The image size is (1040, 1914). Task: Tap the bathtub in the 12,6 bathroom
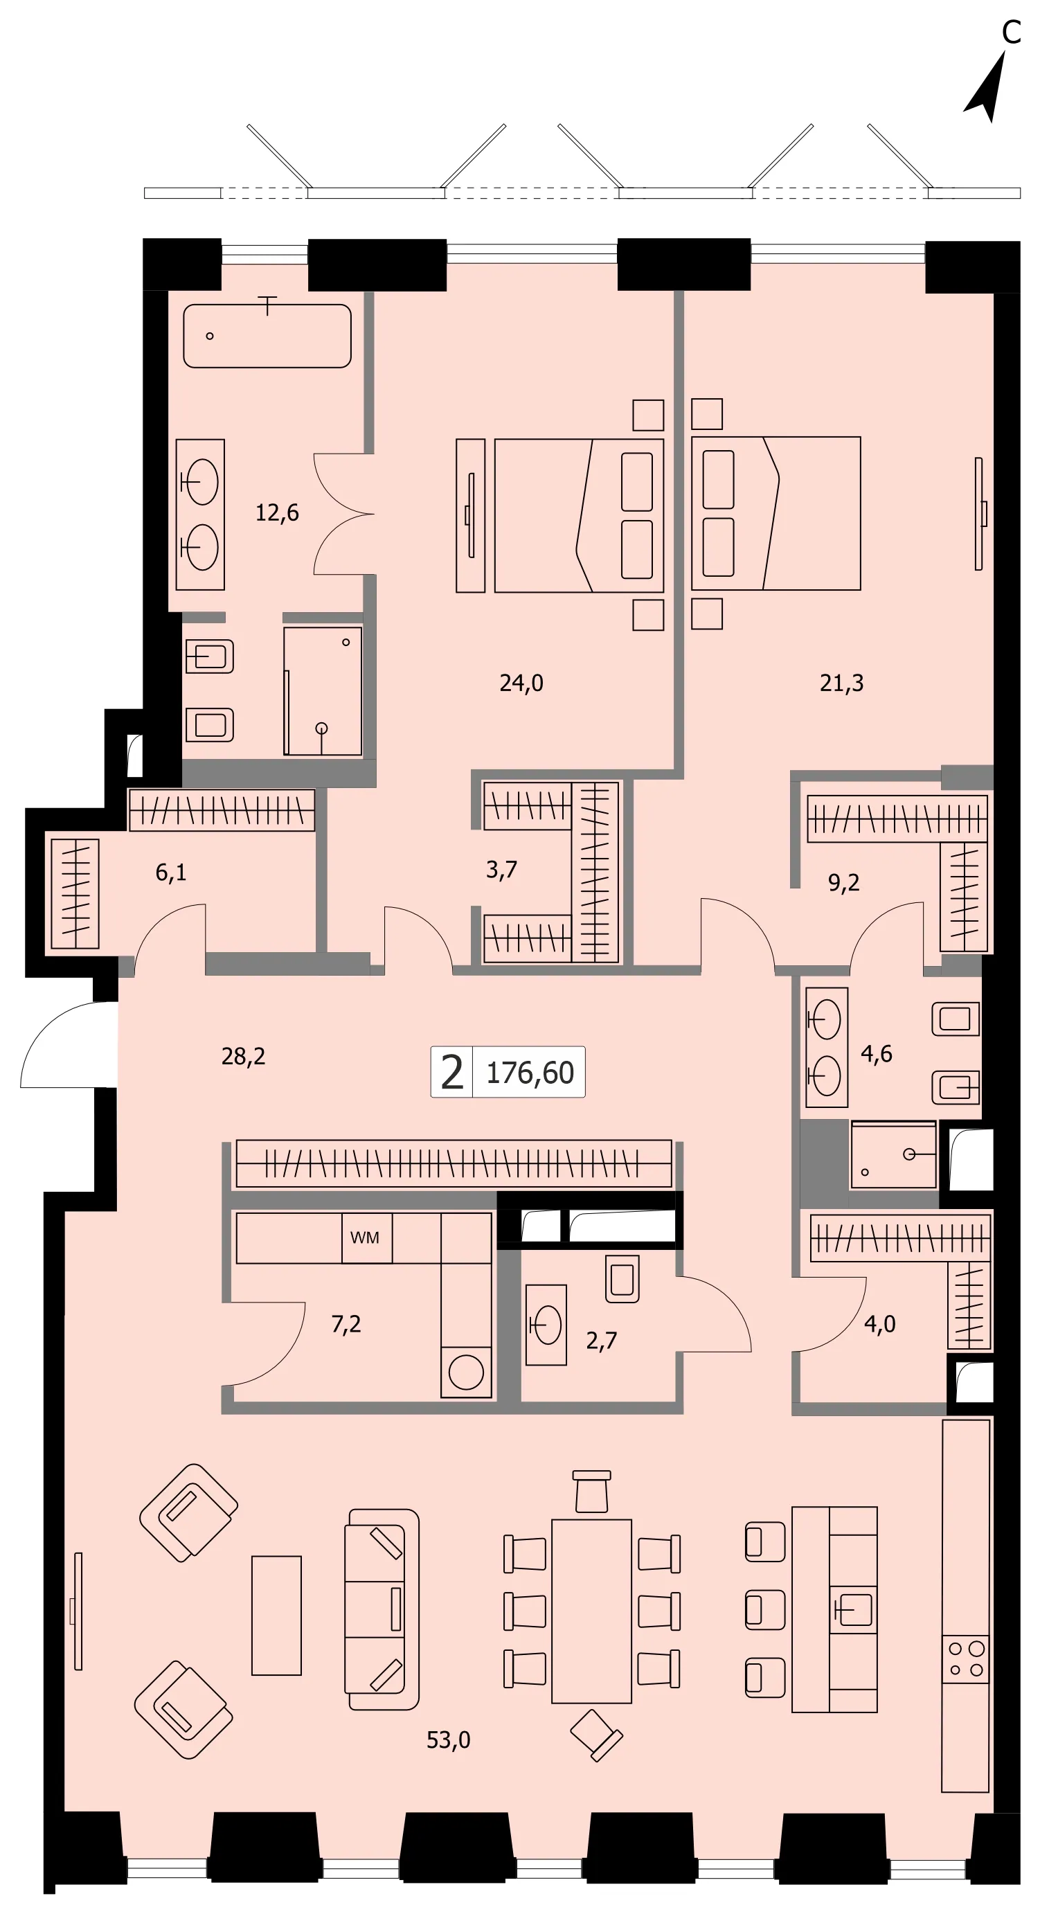click(267, 335)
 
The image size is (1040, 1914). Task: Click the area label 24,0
click(521, 683)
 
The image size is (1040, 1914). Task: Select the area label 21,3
click(842, 683)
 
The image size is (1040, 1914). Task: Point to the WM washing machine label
click(365, 1237)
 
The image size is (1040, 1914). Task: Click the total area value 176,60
click(530, 1073)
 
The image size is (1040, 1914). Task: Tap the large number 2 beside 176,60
click(451, 1072)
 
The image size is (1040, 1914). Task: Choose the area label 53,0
click(449, 1740)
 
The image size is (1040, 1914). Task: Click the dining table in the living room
click(591, 1611)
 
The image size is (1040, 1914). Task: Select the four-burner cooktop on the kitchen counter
click(966, 1659)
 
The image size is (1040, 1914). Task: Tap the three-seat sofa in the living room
click(381, 1609)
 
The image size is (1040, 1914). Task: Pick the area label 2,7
click(602, 1341)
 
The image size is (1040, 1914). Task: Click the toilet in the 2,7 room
click(622, 1279)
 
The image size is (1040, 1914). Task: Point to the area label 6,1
click(171, 873)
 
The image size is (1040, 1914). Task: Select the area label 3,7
click(501, 869)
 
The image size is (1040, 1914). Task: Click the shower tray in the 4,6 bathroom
click(894, 1155)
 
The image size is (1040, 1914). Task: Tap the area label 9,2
click(844, 883)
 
